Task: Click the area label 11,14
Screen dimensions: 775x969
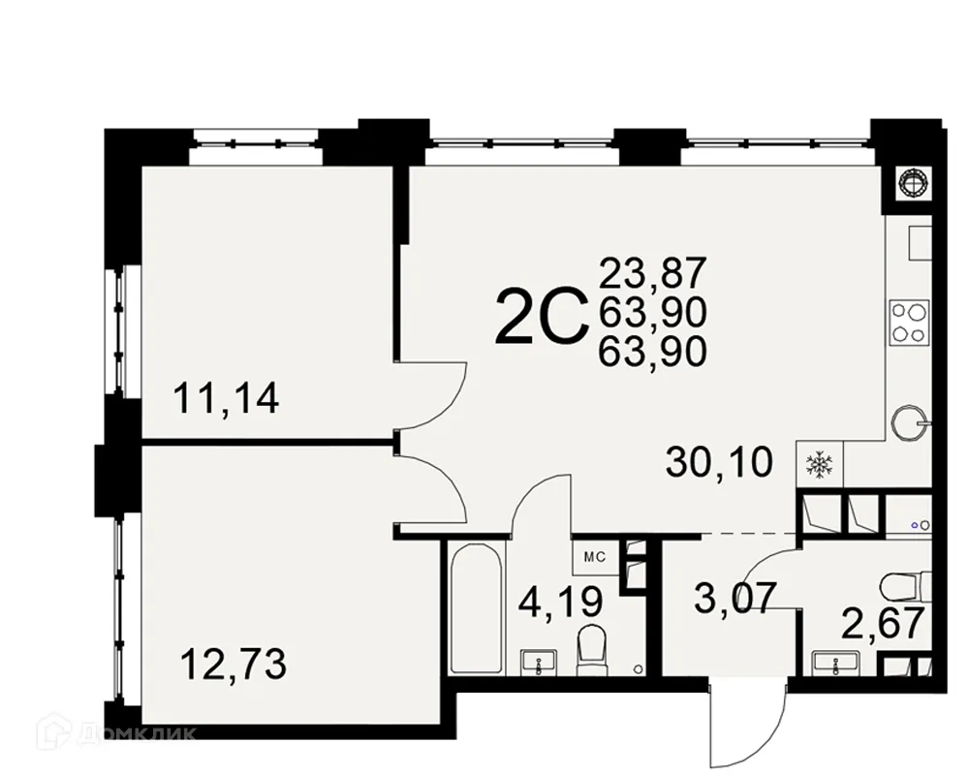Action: pyautogui.click(x=226, y=397)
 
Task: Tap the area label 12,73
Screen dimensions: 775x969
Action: pyautogui.click(x=234, y=666)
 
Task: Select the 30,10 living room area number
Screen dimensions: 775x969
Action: pyautogui.click(x=719, y=463)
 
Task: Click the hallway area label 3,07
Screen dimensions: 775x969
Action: pyautogui.click(x=735, y=598)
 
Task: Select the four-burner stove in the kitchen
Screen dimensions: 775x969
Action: pyautogui.click(x=909, y=323)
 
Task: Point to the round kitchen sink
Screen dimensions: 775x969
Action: pyautogui.click(x=909, y=421)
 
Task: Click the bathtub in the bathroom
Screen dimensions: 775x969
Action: pyautogui.click(x=475, y=610)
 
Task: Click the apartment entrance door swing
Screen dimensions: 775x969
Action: pyautogui.click(x=741, y=722)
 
